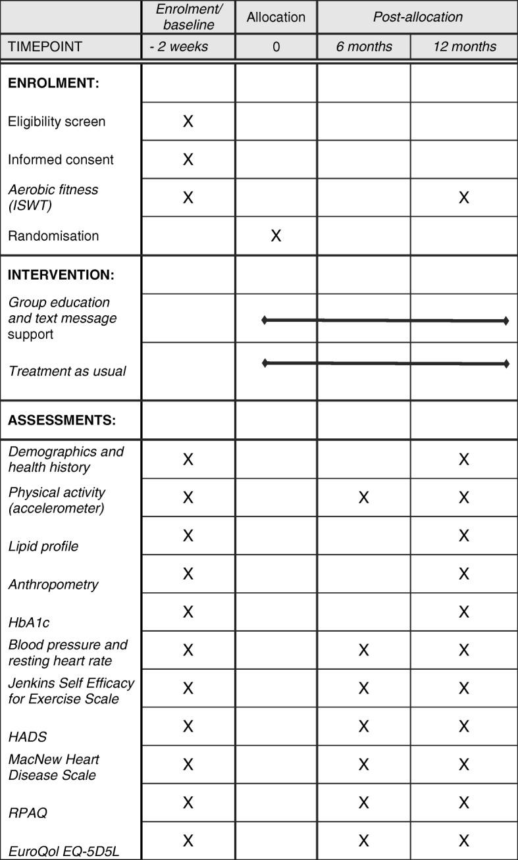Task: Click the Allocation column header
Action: (276, 18)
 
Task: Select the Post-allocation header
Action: (417, 18)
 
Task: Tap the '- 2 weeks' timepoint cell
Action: (188, 47)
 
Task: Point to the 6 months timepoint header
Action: (363, 47)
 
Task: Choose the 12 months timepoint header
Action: (464, 47)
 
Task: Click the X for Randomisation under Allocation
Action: (276, 236)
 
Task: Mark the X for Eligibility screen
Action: (188, 121)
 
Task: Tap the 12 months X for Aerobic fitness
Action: (464, 197)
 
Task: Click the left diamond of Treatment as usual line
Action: (265, 363)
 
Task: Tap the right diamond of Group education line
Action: (505, 320)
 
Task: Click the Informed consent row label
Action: (61, 160)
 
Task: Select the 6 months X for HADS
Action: (363, 726)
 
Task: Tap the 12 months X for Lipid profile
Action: (464, 536)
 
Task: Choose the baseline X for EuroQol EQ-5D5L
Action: (188, 841)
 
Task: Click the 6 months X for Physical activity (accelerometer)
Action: (363, 497)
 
